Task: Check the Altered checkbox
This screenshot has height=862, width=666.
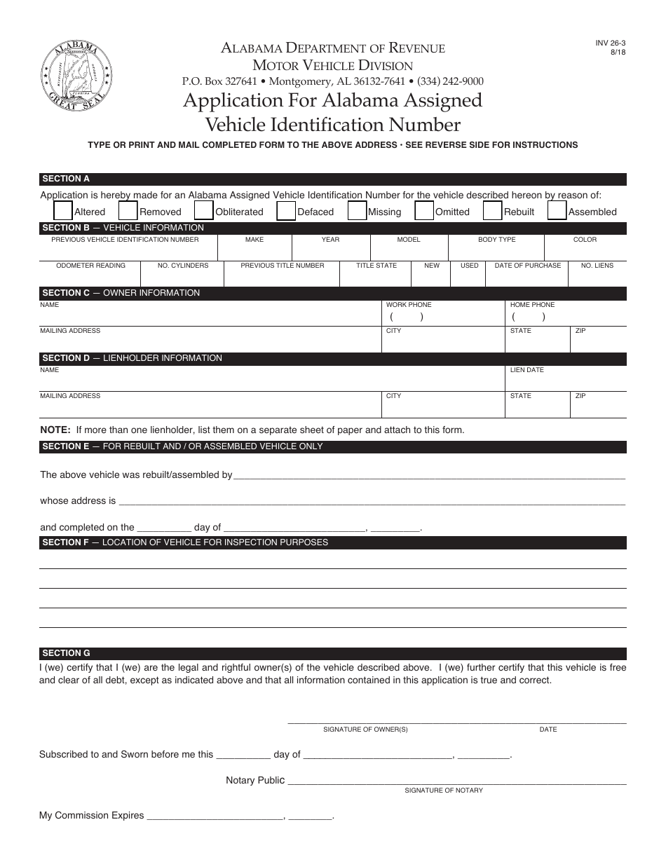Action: click(x=63, y=211)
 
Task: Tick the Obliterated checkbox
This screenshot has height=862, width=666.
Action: click(x=203, y=211)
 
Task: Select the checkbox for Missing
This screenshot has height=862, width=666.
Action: click(x=357, y=211)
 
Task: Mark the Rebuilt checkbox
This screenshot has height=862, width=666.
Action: click(x=493, y=211)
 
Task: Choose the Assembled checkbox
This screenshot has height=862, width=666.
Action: click(x=557, y=211)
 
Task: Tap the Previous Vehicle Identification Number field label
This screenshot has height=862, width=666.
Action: click(x=125, y=240)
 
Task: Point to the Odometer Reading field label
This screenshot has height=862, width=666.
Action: click(x=90, y=266)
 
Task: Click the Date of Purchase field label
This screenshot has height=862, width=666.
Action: click(x=528, y=266)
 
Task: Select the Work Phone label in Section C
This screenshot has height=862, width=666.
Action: click(x=409, y=305)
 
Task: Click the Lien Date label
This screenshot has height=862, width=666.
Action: click(x=526, y=370)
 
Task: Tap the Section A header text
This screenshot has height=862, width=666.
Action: click(x=66, y=179)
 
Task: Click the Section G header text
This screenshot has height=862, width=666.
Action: click(x=66, y=653)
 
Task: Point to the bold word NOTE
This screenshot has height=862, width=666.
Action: click(x=55, y=430)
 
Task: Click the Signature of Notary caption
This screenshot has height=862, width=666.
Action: click(x=443, y=791)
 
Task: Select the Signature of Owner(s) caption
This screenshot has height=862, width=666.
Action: click(x=365, y=730)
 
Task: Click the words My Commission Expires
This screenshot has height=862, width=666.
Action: click(x=91, y=816)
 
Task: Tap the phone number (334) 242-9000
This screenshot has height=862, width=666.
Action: click(x=450, y=81)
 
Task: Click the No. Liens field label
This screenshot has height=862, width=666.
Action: click(x=597, y=266)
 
